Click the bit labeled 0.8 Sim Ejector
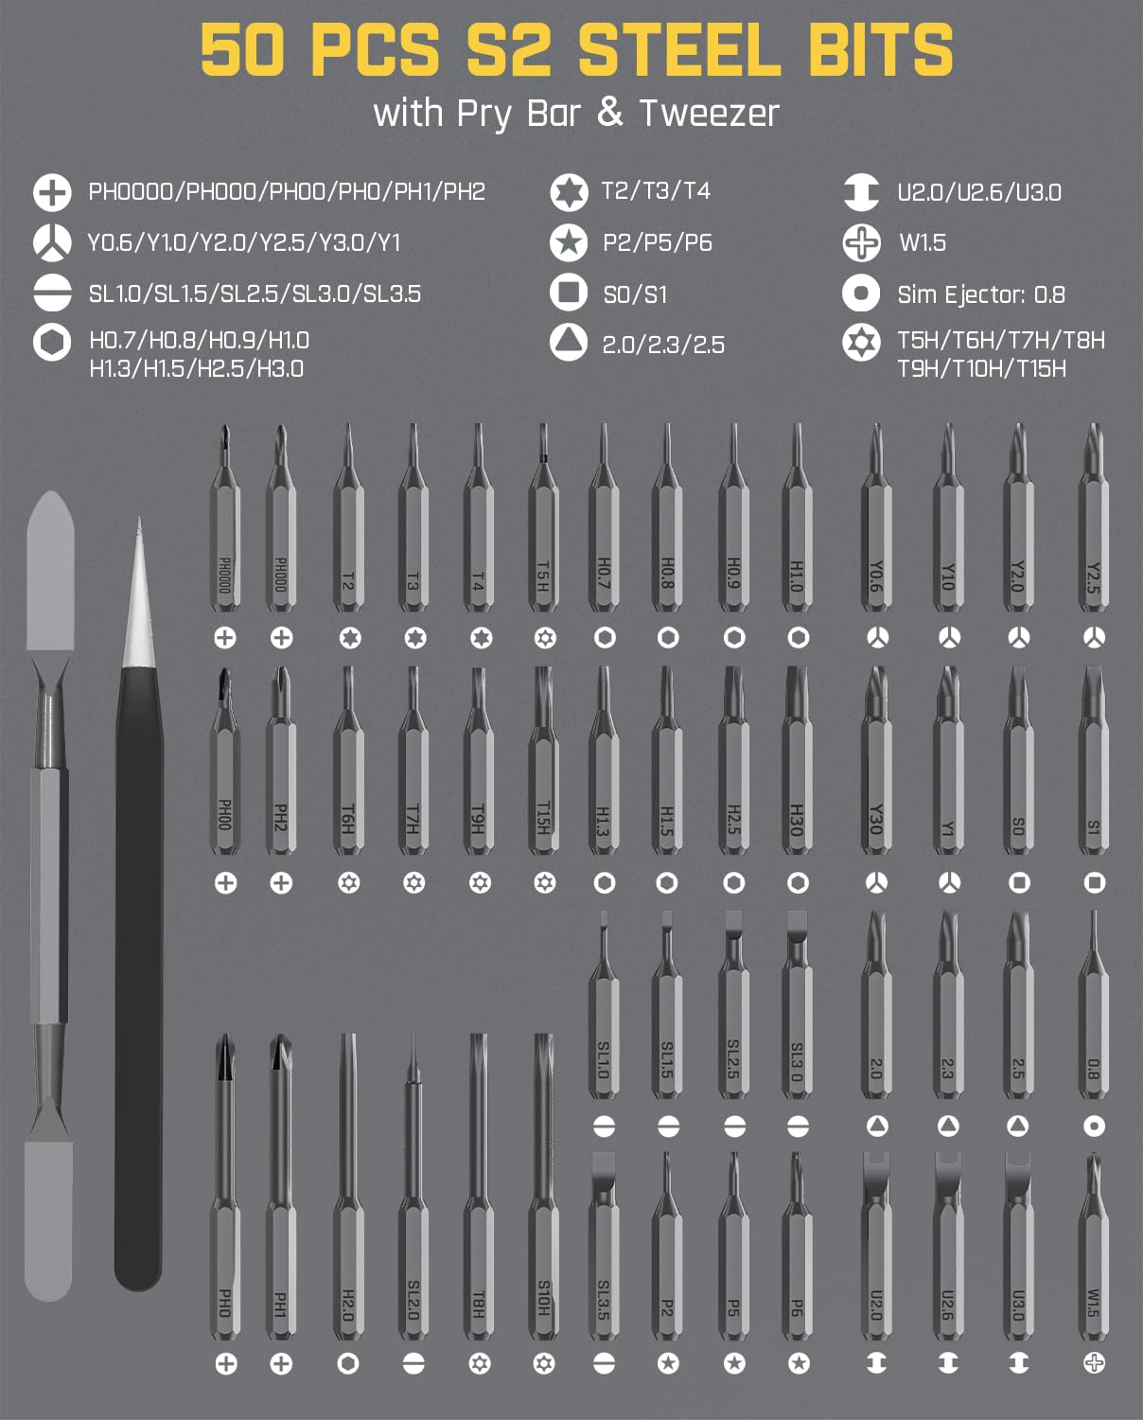1094,1013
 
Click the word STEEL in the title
679,51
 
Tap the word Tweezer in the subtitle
709,114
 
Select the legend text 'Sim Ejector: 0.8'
981,294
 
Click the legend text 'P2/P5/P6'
657,243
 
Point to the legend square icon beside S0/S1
569,293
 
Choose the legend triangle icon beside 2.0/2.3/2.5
569,343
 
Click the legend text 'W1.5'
922,243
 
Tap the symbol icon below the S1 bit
1094,882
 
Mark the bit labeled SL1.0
603,1013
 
